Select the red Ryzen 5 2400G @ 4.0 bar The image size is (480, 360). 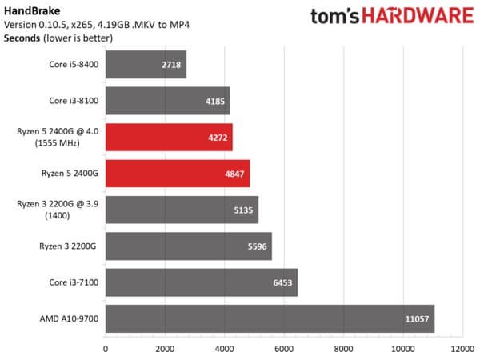tap(168, 137)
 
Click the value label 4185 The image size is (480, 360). tap(214, 102)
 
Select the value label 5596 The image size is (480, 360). tap(257, 246)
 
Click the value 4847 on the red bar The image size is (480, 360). tap(234, 174)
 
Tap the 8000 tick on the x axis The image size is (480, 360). tap(344, 349)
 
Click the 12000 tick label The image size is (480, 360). tap(462, 349)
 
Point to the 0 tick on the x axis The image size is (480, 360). tap(106, 349)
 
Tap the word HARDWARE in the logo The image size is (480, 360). tap(423, 18)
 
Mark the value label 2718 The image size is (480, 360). tap(171, 65)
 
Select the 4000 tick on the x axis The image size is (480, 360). tap(225, 349)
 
